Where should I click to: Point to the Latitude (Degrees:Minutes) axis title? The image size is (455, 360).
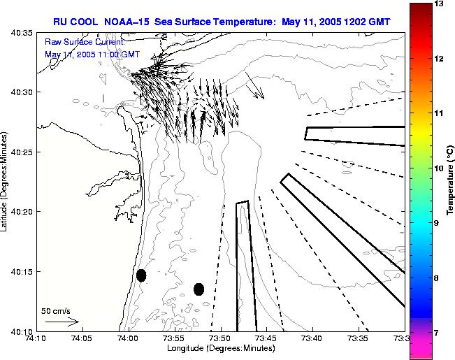point(5,181)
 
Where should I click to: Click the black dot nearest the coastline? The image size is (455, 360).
point(141,275)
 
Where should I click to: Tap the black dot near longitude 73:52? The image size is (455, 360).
point(198,289)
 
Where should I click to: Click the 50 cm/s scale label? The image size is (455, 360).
point(56,310)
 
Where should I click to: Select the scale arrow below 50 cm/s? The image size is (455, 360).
point(62,322)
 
